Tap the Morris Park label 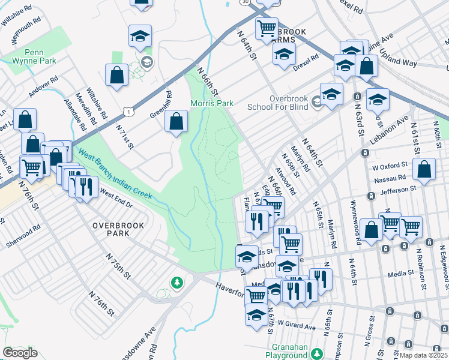(211, 103)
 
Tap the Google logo (20, 353)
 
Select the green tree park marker (176, 281)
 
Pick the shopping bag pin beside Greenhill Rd (176, 122)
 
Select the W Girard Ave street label (297, 326)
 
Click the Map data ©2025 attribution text (423, 355)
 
